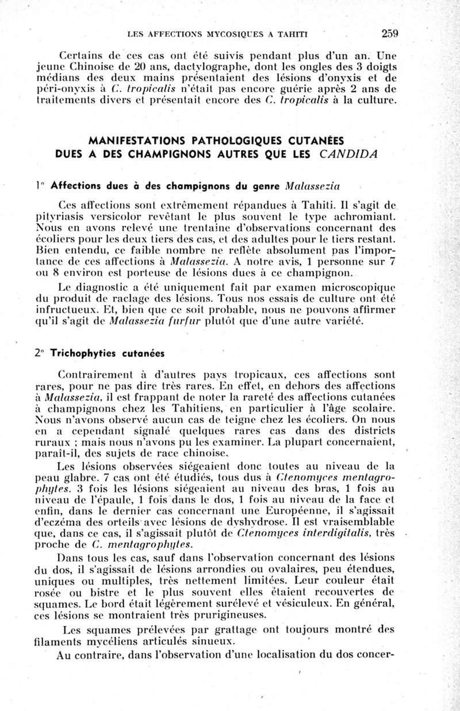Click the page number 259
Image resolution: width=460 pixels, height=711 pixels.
(x=388, y=33)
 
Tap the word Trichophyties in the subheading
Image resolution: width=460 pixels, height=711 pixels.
(x=80, y=352)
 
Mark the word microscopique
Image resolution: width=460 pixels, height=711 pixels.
(x=360, y=285)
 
